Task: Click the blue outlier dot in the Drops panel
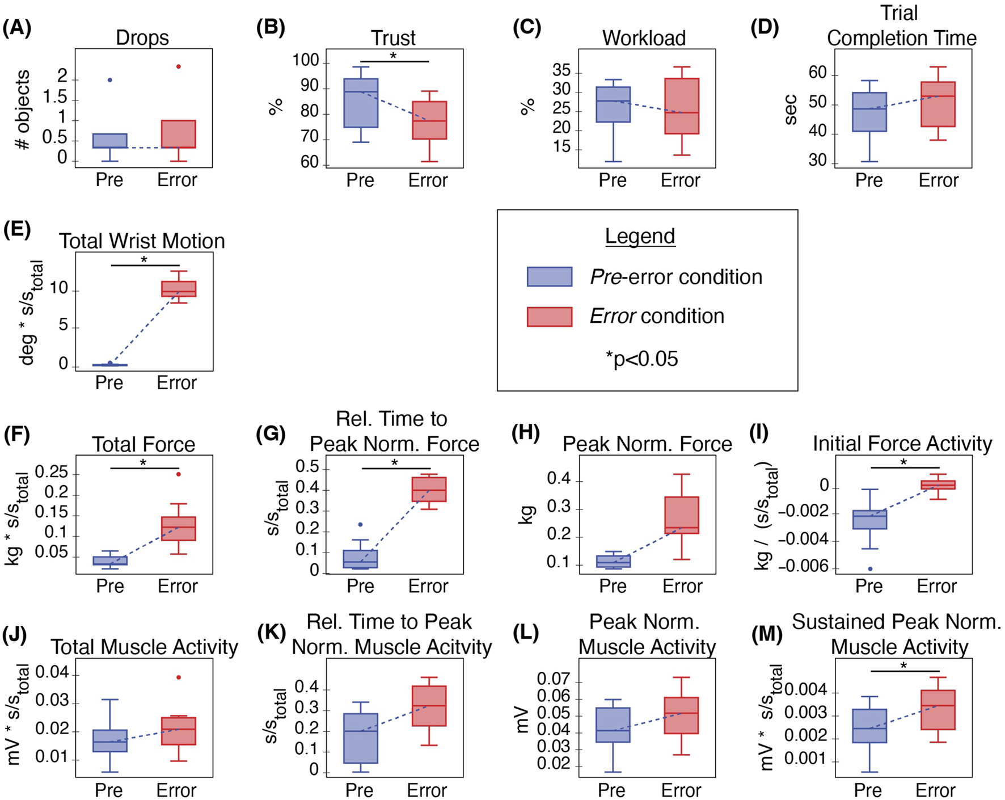click(x=110, y=80)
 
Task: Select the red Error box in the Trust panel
click(x=429, y=120)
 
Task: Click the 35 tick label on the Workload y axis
click(x=561, y=70)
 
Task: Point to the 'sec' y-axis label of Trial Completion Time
click(x=790, y=110)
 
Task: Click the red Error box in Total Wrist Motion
click(x=179, y=289)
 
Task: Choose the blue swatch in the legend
click(x=549, y=276)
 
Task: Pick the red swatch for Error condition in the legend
click(x=549, y=317)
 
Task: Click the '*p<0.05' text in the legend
click(x=641, y=359)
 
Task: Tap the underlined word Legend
click(x=640, y=236)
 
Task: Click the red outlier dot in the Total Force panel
click(x=179, y=474)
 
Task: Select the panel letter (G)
click(x=271, y=434)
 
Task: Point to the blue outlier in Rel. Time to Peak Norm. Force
click(x=360, y=525)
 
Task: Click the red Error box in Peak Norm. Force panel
click(x=681, y=515)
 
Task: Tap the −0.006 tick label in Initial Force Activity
click(x=802, y=567)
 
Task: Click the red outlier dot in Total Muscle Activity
click(x=179, y=677)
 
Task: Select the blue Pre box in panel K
click(x=361, y=738)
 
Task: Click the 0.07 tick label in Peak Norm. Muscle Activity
click(x=553, y=679)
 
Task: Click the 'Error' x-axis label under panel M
click(x=936, y=790)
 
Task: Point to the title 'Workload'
click(x=644, y=38)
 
